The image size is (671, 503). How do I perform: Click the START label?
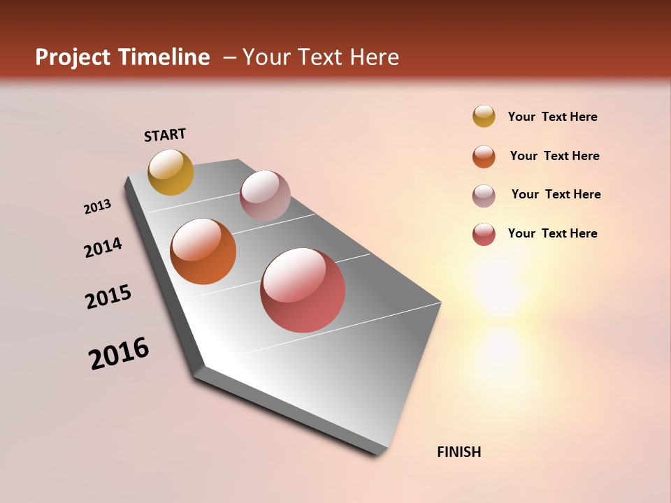(165, 135)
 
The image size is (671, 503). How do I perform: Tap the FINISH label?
(459, 452)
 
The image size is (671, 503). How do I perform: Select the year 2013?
(97, 207)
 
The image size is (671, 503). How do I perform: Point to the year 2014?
(103, 247)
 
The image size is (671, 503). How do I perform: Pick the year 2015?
(108, 297)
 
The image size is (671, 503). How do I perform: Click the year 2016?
(119, 353)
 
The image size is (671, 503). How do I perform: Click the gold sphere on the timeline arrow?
(171, 172)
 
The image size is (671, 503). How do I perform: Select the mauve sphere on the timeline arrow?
(265, 196)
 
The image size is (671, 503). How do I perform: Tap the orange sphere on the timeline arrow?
(203, 251)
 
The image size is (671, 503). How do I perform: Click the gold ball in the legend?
(484, 116)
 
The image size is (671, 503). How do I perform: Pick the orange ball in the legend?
(484, 156)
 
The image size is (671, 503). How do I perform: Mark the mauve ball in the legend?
(484, 196)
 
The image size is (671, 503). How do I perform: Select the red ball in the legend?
(484, 234)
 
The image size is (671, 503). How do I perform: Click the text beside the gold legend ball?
(552, 117)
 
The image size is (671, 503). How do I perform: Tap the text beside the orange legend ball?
(554, 156)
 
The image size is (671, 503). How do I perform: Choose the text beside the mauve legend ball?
(556, 194)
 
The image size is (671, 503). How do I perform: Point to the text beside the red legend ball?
(552, 233)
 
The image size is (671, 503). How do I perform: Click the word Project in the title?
(73, 57)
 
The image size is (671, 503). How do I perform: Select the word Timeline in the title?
(164, 57)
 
